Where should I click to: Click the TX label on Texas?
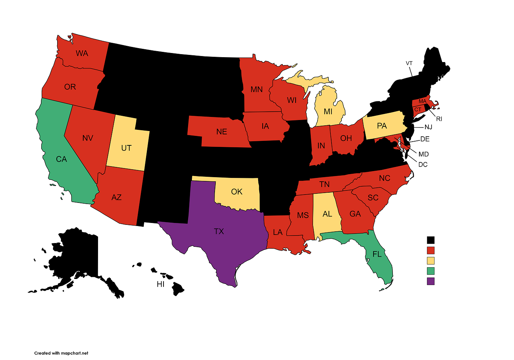pos(219,231)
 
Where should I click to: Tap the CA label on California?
pos(61,159)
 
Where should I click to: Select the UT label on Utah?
pos(126,148)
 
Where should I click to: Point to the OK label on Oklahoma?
pos(237,192)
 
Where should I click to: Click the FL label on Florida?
pos(377,254)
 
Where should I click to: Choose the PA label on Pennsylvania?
pos(382,126)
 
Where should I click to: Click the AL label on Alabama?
pos(327,214)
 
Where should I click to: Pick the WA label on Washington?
pos(82,53)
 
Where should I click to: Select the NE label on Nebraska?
pos(222,132)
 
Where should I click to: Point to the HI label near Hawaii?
pos(160,284)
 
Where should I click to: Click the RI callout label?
pos(439,119)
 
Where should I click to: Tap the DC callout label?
pos(423,165)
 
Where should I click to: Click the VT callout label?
pos(409,63)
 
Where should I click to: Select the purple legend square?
pos(431,281)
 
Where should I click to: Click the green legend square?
pos(431,271)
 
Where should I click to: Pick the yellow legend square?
pos(431,261)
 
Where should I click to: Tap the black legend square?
pos(431,240)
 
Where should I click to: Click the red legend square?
pos(431,250)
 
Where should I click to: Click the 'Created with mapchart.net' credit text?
pos(61,353)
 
